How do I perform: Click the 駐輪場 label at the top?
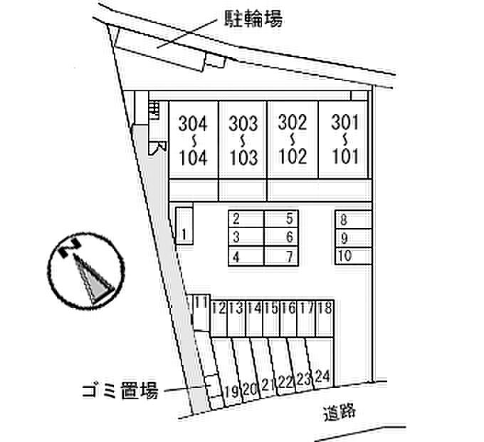255,19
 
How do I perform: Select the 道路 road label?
338,411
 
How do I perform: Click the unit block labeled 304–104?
193,140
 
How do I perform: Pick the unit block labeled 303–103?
243,140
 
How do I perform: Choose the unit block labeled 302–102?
292,140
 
